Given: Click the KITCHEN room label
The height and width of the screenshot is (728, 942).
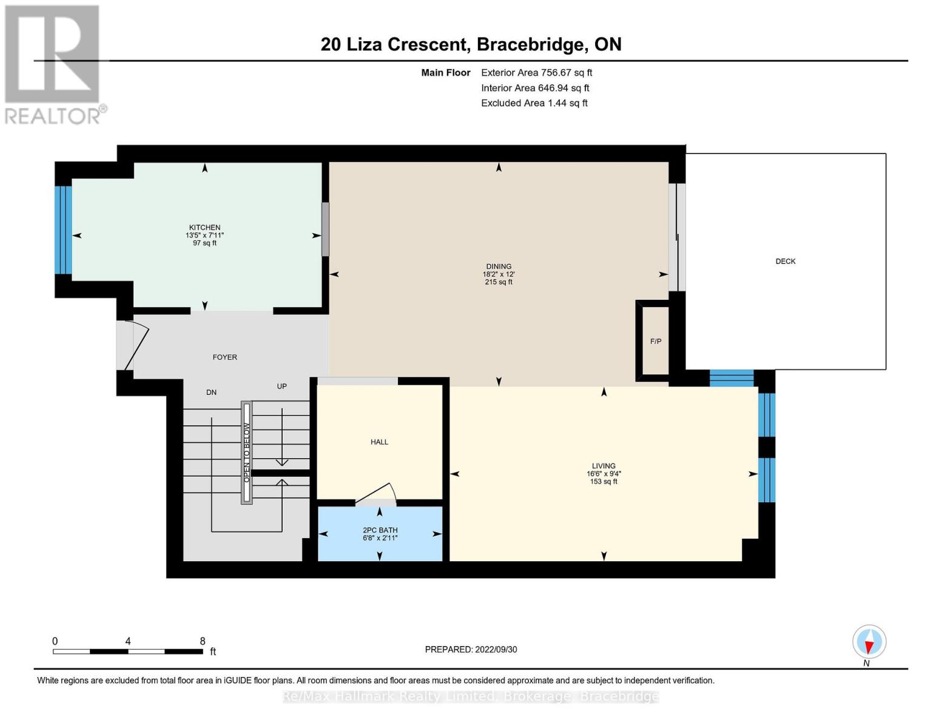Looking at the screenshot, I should pyautogui.click(x=204, y=227).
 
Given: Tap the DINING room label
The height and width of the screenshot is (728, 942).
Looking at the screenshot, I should pyautogui.click(x=499, y=266).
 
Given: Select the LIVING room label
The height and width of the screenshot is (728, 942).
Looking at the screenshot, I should pyautogui.click(x=604, y=466).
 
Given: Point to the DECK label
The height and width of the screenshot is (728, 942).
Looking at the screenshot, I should pyautogui.click(x=786, y=261).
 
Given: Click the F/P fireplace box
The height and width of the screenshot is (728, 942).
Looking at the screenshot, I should pyautogui.click(x=656, y=342).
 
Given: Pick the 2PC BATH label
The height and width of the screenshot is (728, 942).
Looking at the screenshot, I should pyautogui.click(x=380, y=530).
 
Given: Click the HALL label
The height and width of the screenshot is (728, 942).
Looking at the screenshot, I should pyautogui.click(x=379, y=442).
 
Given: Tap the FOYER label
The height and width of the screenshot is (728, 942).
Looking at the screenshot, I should pyautogui.click(x=224, y=357).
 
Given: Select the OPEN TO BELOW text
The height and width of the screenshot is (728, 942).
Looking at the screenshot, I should pyautogui.click(x=246, y=453).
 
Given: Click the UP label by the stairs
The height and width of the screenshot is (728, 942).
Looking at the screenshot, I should pyautogui.click(x=281, y=386).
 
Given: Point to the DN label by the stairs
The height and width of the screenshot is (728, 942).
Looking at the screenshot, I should pyautogui.click(x=211, y=393).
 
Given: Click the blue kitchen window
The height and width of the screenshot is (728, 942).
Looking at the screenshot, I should pyautogui.click(x=63, y=230).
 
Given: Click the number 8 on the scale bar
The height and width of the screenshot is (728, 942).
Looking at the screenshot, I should pyautogui.click(x=203, y=641).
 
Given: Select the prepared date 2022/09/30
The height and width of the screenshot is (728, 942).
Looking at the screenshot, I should pyautogui.click(x=471, y=650).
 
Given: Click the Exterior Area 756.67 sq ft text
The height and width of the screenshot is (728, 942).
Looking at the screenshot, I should pyautogui.click(x=536, y=73).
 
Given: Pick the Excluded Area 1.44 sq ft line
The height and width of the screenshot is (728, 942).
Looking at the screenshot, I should pyautogui.click(x=534, y=103).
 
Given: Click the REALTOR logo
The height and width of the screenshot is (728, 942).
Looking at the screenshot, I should pyautogui.click(x=53, y=64).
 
